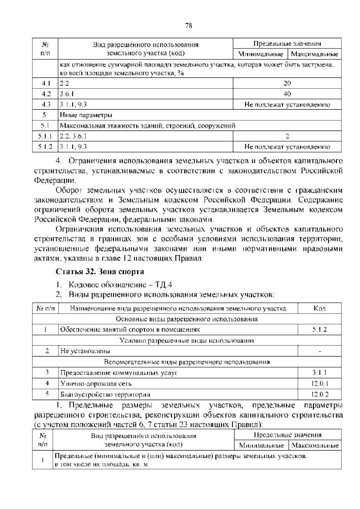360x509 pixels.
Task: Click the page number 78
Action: [x=188, y=26]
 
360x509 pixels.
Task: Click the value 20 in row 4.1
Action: [x=287, y=83]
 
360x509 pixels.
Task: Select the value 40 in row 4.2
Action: [x=287, y=94]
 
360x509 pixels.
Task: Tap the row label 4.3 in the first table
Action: [x=46, y=104]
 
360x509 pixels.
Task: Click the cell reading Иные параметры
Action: [x=86, y=115]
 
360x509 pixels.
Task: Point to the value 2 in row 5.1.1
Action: [x=287, y=136]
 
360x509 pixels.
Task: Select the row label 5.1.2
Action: [x=45, y=147]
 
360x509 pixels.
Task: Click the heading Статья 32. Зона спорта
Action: [x=100, y=272]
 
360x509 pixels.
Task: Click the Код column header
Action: [x=319, y=308]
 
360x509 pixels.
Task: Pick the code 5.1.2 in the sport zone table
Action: [x=319, y=330]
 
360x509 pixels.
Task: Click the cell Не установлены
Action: [x=85, y=351]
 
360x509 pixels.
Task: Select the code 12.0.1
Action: [x=320, y=383]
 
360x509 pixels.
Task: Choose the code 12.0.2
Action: [x=320, y=394]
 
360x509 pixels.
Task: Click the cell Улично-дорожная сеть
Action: [x=96, y=383]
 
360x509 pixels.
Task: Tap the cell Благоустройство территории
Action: [x=105, y=394]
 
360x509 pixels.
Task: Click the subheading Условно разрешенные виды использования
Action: [x=187, y=340]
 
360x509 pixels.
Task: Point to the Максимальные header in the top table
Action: [x=314, y=54]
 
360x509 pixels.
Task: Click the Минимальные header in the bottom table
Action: [x=261, y=445]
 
